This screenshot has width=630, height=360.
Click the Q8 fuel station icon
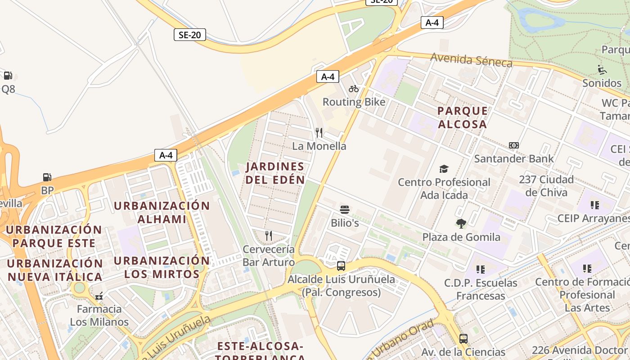tap(8, 76)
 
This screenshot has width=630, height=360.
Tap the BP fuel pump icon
tap(47, 177)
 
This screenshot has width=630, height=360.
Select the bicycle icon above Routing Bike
tap(354, 89)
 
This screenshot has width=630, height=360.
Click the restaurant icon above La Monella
tap(319, 132)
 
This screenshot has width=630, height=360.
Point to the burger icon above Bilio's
tap(345, 209)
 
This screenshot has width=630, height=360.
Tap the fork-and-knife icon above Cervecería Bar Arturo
tap(269, 235)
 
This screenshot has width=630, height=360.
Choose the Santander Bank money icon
tap(514, 145)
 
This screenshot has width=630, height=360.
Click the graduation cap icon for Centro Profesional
tap(444, 169)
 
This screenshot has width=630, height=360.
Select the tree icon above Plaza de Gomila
tap(461, 224)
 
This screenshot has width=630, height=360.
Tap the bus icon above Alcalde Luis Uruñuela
tap(341, 266)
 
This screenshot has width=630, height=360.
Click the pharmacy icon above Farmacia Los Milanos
tap(99, 296)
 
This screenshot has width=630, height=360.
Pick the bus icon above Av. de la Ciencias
tap(463, 339)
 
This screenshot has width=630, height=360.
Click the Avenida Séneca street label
tap(471, 60)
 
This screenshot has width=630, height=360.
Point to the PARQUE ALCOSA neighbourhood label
tap(463, 117)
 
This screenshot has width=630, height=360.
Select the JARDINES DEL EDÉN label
tap(275, 173)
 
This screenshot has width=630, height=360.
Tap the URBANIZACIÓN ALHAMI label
tap(162, 212)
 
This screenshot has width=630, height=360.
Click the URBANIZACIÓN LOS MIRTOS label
tap(162, 267)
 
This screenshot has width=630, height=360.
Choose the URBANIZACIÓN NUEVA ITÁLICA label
tap(55, 270)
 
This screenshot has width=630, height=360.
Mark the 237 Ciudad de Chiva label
tap(546, 186)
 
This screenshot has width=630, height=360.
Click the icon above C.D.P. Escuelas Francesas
tap(481, 270)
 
